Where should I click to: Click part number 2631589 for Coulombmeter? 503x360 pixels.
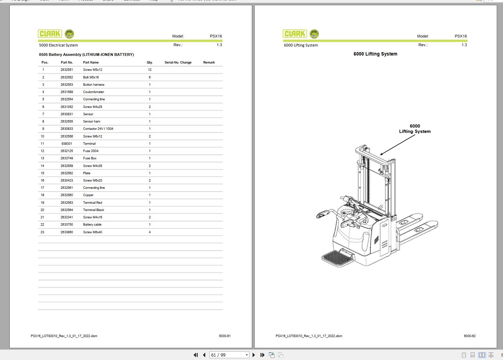click(x=67, y=92)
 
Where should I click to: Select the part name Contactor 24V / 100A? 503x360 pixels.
click(x=98, y=128)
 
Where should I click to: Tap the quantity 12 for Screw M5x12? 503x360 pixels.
click(x=150, y=69)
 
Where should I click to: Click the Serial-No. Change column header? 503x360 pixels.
click(x=178, y=62)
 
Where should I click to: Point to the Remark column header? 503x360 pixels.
click(x=209, y=62)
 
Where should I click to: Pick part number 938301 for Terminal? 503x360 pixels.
click(x=67, y=144)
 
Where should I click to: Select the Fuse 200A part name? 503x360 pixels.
click(x=91, y=151)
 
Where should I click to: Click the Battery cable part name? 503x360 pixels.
click(x=92, y=225)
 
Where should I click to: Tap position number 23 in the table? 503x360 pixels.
click(x=42, y=232)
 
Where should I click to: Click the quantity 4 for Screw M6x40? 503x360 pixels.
click(x=150, y=232)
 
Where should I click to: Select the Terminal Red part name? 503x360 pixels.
click(x=92, y=202)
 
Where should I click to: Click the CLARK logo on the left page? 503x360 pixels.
click(x=50, y=34)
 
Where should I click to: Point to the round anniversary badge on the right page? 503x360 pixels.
click(x=314, y=34)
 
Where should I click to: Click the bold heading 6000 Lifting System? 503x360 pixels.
click(x=376, y=54)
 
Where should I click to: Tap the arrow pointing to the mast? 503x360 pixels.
click(x=397, y=145)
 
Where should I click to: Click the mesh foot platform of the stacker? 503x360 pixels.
click(x=337, y=258)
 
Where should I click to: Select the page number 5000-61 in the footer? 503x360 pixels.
click(x=225, y=336)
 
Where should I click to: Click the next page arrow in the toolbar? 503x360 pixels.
click(x=254, y=355)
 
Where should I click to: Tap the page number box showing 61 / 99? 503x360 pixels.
click(x=229, y=355)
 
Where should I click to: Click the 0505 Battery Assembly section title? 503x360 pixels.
click(x=86, y=55)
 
